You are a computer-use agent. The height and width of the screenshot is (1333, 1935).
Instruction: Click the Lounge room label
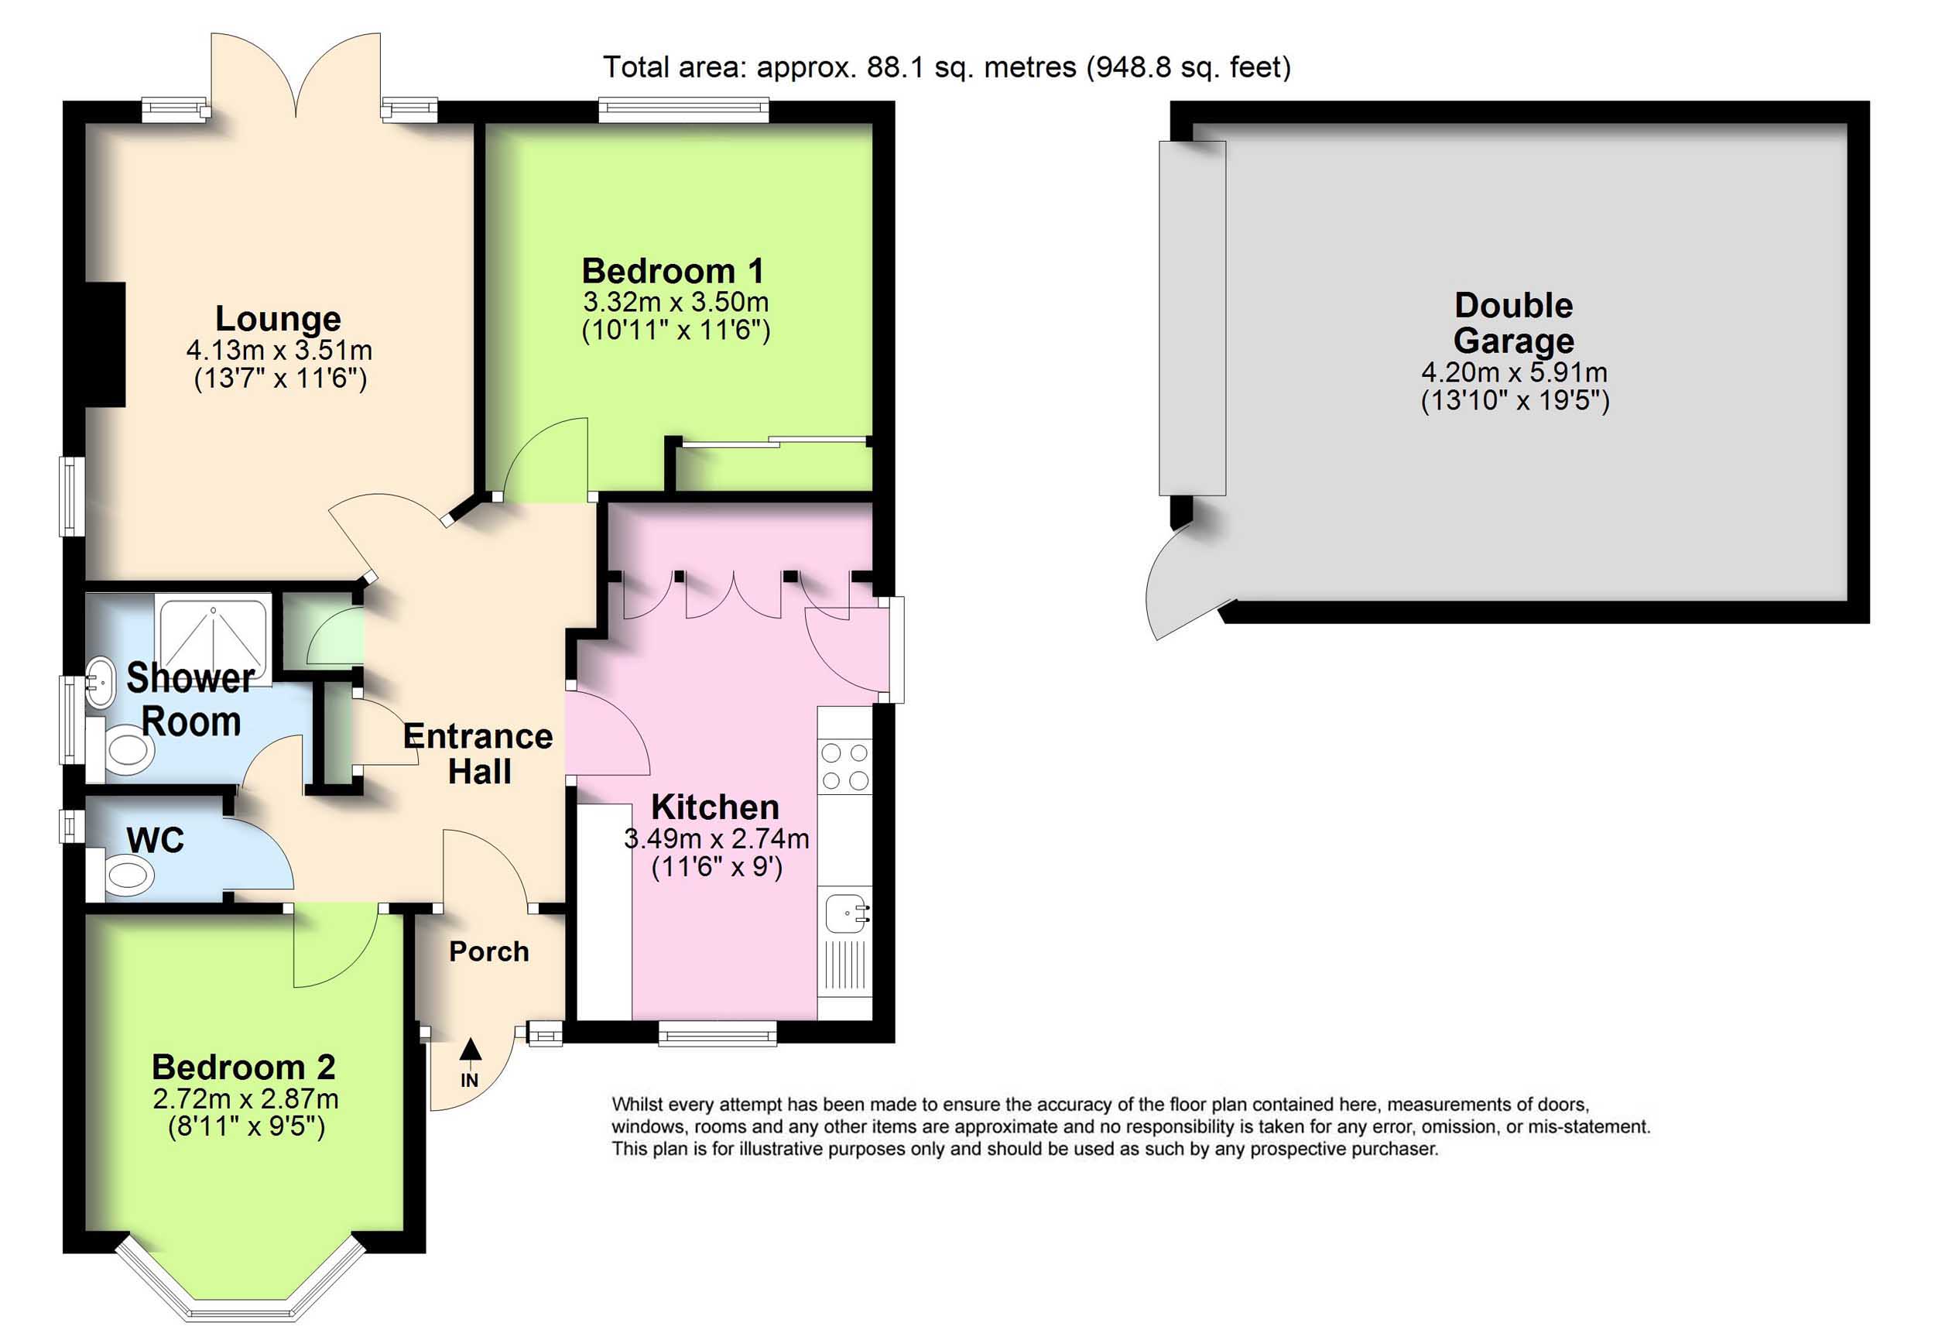[278, 319]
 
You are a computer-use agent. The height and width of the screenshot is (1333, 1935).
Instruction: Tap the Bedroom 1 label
[673, 271]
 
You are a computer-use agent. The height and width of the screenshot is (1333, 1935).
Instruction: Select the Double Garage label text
[1513, 324]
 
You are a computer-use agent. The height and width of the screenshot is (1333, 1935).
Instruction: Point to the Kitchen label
[715, 807]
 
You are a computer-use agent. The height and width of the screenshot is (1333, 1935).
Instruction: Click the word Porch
[488, 951]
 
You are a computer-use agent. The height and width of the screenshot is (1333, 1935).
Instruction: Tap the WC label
[156, 840]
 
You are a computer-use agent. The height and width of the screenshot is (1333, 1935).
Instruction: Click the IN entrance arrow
[470, 1062]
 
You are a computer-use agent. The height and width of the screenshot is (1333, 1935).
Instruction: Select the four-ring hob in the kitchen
[844, 766]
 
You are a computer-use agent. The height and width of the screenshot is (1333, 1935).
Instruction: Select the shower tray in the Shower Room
[213, 639]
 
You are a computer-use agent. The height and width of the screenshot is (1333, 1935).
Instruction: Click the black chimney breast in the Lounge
[105, 345]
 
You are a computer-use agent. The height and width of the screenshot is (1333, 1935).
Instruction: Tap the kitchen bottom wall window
[717, 1036]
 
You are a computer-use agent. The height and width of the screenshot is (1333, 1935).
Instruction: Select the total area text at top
[946, 67]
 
